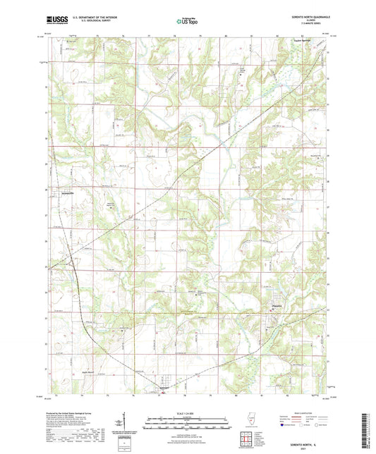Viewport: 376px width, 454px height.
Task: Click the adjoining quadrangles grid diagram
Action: click(x=246, y=439)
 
